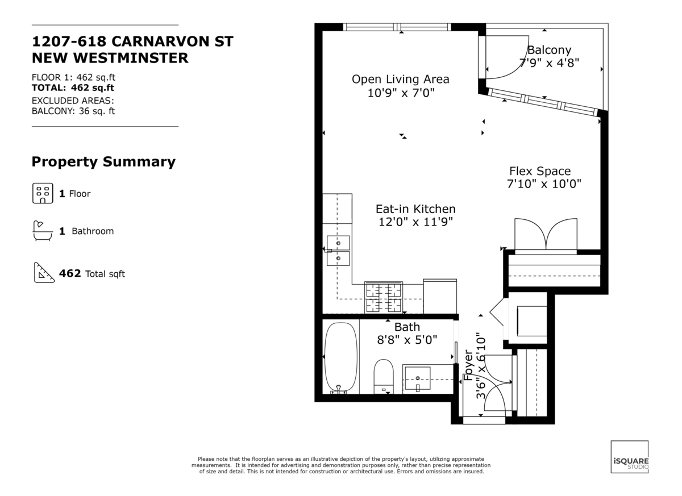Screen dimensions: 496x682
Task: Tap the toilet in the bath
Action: coord(384,376)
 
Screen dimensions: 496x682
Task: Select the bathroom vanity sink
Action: coord(417,379)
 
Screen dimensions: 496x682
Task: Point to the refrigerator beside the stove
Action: coord(440,295)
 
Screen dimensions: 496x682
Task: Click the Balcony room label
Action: coord(549,50)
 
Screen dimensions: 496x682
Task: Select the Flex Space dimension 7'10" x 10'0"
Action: coord(544,184)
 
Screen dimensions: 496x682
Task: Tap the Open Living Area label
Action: coord(400,79)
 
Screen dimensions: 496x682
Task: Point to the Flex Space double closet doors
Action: coord(546,235)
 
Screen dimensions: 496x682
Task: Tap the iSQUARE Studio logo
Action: coord(629,457)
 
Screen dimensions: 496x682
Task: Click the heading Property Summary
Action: coord(103,162)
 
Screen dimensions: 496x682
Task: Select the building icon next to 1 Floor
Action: coord(42,194)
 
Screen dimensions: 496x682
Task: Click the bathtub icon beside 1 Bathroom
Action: coord(42,231)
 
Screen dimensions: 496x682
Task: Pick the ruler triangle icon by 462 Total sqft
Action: coord(42,273)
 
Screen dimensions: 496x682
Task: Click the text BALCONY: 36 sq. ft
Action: coord(73,111)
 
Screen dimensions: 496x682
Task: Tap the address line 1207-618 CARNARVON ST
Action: coord(132,42)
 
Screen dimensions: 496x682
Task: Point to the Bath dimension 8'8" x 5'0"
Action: coord(407,340)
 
